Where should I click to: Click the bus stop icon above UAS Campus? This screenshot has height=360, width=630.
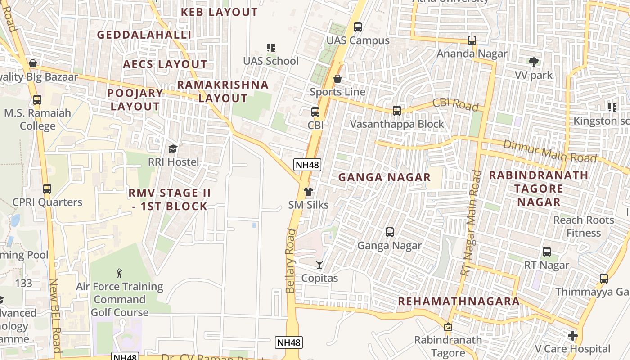tap(358, 27)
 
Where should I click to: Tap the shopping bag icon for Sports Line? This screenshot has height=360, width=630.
tap(337, 79)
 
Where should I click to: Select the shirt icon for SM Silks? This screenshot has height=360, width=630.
tap(308, 192)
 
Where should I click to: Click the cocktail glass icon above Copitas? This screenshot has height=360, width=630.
tap(319, 264)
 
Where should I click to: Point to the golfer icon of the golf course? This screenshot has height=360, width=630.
tap(119, 273)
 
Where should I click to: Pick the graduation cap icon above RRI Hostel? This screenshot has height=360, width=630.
tap(173, 149)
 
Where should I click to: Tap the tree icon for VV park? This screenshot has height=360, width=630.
tap(534, 62)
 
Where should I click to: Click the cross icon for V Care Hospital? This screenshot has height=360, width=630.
tap(572, 336)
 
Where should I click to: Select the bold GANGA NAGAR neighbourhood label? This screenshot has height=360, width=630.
tap(384, 177)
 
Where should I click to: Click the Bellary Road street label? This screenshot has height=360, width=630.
tap(291, 261)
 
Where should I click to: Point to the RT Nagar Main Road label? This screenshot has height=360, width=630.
tap(471, 223)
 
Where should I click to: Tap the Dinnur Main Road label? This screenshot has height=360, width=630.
tap(550, 151)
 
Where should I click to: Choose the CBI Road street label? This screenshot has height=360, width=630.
tap(455, 104)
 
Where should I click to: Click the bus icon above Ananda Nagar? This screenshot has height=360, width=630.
tap(472, 40)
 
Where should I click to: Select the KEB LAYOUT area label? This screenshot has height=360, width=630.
tap(219, 12)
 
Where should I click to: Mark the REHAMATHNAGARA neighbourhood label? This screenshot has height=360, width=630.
tap(459, 301)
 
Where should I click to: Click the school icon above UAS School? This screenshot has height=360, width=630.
tap(270, 48)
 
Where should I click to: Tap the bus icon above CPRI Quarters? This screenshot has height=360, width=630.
tap(47, 189)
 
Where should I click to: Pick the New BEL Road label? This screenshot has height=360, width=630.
tap(55, 315)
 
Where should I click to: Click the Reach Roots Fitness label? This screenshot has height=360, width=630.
tap(584, 226)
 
